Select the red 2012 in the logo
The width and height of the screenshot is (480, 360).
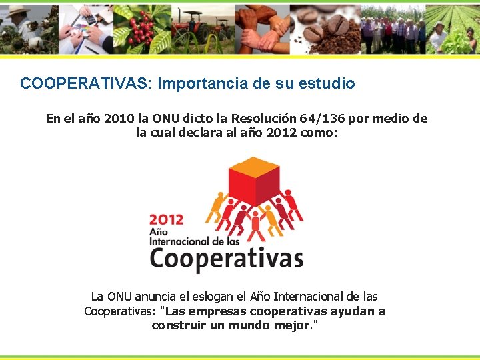[167, 219]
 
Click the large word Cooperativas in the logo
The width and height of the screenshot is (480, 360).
[226, 257]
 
